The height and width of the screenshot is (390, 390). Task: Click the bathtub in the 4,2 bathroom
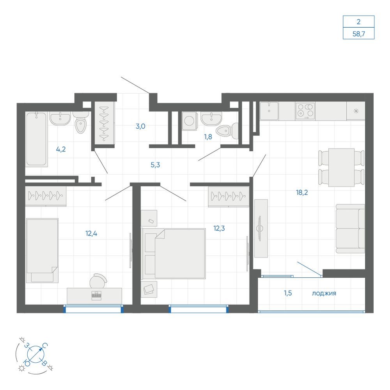point(36,139)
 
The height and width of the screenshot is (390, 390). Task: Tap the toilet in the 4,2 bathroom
point(81,122)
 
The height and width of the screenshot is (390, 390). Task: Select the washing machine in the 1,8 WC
point(189,121)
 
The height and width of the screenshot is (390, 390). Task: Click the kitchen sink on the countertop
point(269,111)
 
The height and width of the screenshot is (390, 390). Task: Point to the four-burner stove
point(305,111)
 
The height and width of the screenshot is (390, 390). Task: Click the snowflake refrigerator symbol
point(356,111)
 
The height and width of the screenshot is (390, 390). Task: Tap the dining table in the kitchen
point(341,167)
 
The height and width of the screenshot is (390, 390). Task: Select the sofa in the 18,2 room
point(350,229)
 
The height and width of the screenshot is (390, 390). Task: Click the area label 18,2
point(302,192)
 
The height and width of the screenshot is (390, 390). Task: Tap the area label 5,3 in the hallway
point(155,165)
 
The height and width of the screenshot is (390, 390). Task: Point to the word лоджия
point(324,294)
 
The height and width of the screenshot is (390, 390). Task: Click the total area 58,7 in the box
point(358,34)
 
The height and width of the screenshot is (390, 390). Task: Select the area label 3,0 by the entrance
point(140,126)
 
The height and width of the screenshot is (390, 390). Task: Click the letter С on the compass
point(45,346)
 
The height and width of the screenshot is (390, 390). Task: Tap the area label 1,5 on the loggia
point(288,293)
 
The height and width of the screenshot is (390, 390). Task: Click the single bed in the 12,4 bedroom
point(42,250)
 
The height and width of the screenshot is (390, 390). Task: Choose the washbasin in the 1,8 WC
point(211,119)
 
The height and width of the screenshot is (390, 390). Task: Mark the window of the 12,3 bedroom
point(199,308)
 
